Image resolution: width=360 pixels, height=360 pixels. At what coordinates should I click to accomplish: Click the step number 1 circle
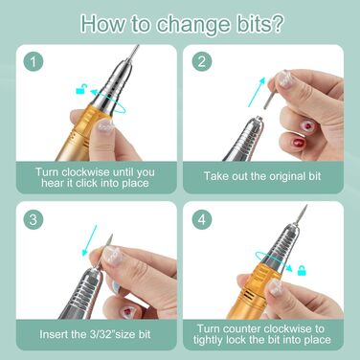[x=34, y=62]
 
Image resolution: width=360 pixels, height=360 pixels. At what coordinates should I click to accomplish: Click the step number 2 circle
[x=202, y=61]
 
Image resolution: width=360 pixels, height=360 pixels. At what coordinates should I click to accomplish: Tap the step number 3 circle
[x=34, y=220]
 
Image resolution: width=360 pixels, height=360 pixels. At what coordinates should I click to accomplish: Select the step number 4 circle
[x=202, y=220]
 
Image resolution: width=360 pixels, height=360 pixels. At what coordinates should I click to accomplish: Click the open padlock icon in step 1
[x=81, y=89]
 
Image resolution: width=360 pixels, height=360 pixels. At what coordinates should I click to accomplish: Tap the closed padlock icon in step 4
[x=302, y=270]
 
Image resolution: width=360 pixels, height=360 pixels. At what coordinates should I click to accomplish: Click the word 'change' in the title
[x=192, y=23]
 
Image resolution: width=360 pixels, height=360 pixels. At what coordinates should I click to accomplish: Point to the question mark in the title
[x=274, y=23]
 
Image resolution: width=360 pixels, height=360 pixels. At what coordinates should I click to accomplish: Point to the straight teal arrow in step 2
[x=257, y=92]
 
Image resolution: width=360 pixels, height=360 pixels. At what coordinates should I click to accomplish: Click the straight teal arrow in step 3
[x=89, y=240]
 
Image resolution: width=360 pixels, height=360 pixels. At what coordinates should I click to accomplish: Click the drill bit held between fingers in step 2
[x=268, y=95]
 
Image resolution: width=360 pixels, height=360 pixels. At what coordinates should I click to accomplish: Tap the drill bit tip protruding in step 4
[x=302, y=217]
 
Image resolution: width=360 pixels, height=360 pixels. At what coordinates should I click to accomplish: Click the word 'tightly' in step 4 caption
[x=209, y=340]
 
